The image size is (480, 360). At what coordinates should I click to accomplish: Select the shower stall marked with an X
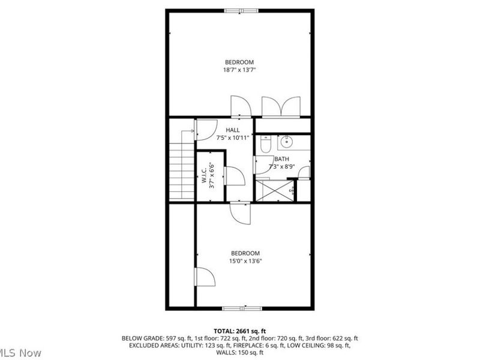[x=274, y=190]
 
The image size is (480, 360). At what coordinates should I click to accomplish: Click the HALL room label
[x=232, y=130]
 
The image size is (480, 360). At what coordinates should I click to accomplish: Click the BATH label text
[x=281, y=159]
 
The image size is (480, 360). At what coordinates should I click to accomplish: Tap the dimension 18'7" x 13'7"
[x=239, y=70]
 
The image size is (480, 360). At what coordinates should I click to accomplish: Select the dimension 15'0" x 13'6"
[x=244, y=260]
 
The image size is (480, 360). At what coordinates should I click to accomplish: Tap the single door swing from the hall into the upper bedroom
[x=242, y=106]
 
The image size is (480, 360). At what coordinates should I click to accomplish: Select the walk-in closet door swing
[x=233, y=176]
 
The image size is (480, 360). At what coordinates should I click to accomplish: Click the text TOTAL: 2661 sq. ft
[x=239, y=331]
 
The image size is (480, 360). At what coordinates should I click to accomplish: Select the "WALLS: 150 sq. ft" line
[x=239, y=352]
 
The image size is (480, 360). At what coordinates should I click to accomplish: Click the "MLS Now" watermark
[x=21, y=353]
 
